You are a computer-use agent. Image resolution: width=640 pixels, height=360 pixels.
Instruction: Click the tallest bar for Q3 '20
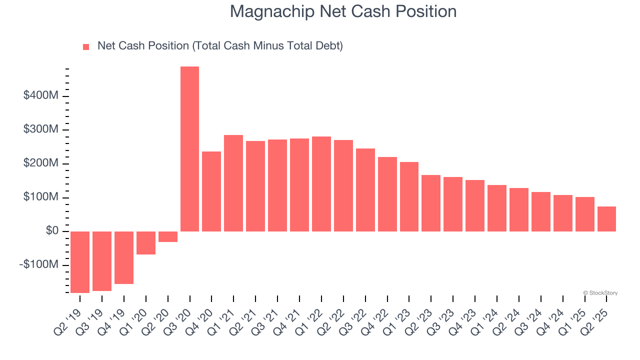pos(189,149)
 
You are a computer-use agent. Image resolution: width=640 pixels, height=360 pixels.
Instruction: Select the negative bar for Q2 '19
pos(80,262)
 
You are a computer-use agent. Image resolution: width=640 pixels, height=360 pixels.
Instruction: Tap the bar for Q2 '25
pos(606,219)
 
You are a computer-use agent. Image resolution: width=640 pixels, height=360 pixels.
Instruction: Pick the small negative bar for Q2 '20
pos(168,236)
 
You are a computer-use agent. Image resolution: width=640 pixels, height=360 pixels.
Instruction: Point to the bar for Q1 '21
pos(233,183)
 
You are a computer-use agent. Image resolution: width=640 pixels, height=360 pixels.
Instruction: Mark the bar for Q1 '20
pos(146,243)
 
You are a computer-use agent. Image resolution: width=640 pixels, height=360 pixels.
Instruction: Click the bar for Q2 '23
pos(431,203)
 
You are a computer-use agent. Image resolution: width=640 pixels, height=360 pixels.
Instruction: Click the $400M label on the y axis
pos(40,95)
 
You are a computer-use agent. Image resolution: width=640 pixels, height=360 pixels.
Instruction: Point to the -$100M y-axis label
pos(39,265)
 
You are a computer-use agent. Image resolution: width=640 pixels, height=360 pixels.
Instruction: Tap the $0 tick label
pos(52,231)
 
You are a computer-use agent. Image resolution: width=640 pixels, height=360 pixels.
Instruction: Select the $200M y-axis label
pos(40,163)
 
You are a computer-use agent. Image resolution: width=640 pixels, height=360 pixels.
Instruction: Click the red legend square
pos(86,46)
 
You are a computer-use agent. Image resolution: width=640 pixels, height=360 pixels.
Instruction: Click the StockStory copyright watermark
pos(600,293)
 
